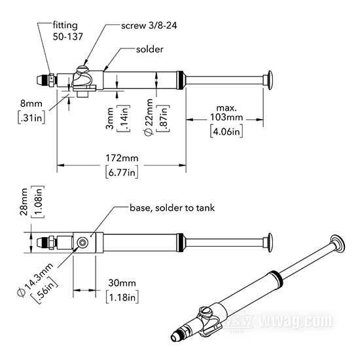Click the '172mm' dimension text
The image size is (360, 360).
122,158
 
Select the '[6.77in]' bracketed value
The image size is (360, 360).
122,172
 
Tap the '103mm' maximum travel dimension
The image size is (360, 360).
226,117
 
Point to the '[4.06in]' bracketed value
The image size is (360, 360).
226,132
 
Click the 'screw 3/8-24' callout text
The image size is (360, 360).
149,26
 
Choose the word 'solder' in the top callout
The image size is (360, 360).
150,49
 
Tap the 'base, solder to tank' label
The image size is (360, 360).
172,208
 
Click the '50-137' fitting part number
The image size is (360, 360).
67,37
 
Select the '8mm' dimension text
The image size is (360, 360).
31,103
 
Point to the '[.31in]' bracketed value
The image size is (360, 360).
31,118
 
